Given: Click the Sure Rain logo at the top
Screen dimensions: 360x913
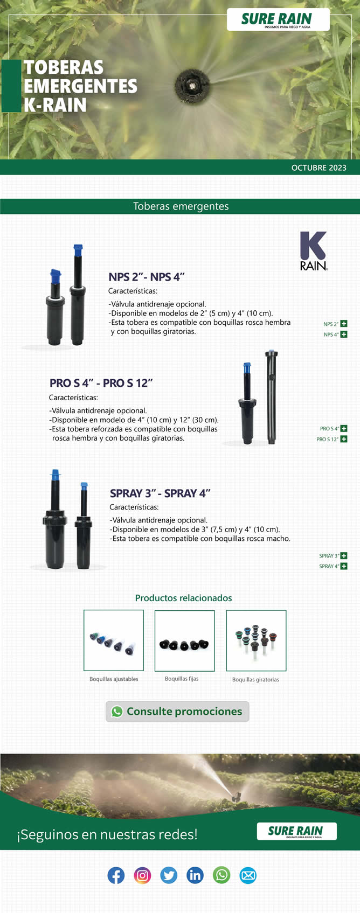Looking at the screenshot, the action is point(278,19).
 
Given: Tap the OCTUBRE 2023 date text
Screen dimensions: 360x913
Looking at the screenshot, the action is point(319,168).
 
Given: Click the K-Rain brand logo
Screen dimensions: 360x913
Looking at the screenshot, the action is point(314,250).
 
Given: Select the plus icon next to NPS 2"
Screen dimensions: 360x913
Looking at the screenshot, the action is point(344,324).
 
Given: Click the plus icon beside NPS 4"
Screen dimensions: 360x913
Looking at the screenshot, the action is point(344,334).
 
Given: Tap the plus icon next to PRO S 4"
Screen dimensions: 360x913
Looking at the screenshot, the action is point(344,428).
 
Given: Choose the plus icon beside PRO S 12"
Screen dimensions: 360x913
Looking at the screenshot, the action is point(344,439).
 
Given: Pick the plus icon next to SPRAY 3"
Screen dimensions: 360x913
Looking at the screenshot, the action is point(344,555).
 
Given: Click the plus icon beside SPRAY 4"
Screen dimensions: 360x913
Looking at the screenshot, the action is point(344,566).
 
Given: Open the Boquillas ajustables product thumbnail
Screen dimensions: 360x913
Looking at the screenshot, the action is point(114,640).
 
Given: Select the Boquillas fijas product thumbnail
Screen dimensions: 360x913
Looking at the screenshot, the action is point(185,641).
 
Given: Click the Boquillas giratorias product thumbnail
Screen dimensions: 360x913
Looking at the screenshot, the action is point(256,640).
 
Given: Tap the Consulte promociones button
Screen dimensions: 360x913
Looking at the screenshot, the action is point(177,711).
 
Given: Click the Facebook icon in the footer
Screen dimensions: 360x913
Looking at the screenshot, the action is point(116,875).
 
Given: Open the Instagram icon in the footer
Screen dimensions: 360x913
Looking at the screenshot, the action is point(142,875).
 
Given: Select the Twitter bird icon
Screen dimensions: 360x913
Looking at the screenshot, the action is point(169,875).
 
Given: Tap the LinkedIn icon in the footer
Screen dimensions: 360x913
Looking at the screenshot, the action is point(195,875).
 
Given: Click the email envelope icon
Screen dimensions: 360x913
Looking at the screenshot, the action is point(248,875).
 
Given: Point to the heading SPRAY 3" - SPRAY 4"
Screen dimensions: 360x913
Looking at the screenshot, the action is point(160,493).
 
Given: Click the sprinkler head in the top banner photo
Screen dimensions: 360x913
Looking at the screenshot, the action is point(192,86).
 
